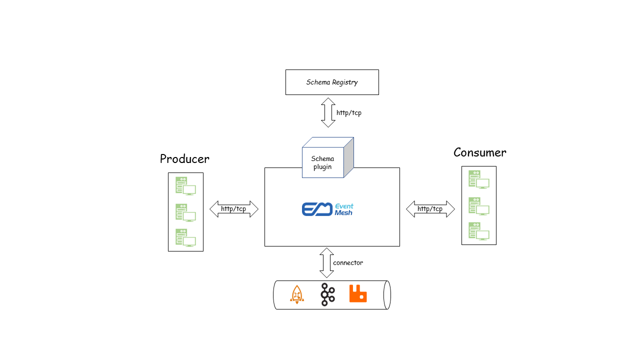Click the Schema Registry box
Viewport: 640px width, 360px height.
click(x=332, y=82)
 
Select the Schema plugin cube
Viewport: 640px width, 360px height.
click(x=325, y=160)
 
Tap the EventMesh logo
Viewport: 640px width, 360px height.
click(x=327, y=209)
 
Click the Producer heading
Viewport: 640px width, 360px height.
click(x=184, y=159)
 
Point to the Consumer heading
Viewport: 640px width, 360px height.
click(x=479, y=152)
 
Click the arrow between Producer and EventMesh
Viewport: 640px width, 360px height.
click(x=234, y=209)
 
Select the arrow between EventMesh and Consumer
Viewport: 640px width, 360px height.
click(x=430, y=209)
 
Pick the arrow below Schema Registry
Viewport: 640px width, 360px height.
click(x=328, y=112)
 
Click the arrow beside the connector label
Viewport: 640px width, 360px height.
click(x=326, y=262)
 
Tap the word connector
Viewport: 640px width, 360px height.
click(x=348, y=262)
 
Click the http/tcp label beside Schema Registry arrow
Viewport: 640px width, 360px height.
click(x=349, y=113)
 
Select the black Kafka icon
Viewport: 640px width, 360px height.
click(x=327, y=294)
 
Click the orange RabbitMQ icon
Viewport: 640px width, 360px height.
click(x=358, y=293)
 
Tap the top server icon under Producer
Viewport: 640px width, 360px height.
click(x=185, y=186)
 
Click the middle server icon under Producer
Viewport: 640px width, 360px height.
click(x=185, y=212)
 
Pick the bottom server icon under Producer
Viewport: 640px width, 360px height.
click(x=185, y=237)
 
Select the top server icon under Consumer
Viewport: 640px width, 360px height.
click(x=478, y=179)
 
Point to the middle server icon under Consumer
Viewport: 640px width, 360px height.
click(x=478, y=206)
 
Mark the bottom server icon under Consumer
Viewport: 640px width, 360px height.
click(x=478, y=231)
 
